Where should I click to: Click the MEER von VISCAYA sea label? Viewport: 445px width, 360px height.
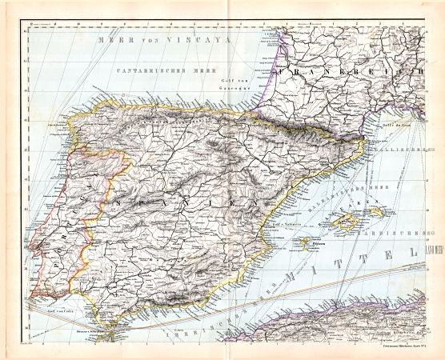pos(161,39)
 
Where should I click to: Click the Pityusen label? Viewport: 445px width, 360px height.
pos(323,238)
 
